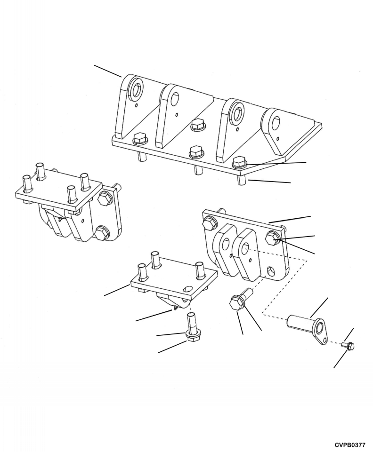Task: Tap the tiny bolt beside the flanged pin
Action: [x=349, y=346]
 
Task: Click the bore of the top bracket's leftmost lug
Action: [x=137, y=90]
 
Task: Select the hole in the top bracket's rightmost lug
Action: [x=274, y=122]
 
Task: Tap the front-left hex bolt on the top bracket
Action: [x=140, y=138]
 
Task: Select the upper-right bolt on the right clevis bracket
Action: [x=272, y=238]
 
